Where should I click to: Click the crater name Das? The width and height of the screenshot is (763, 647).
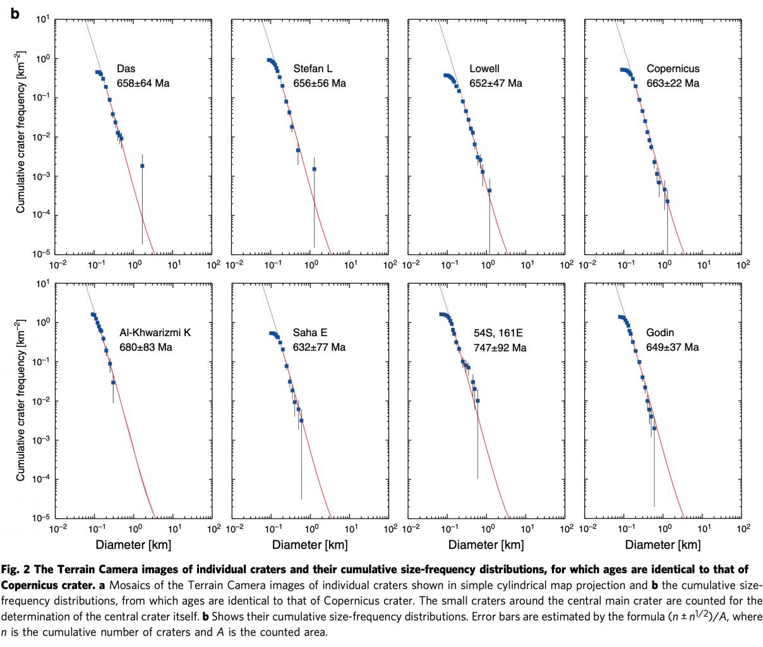coord(126,69)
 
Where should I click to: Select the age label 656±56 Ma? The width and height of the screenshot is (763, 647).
coord(320,83)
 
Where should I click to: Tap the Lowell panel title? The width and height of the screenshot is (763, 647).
coord(484,69)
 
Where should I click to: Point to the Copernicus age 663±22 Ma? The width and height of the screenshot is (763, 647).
coord(673,83)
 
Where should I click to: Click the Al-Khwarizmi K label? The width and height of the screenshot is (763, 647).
coord(155,333)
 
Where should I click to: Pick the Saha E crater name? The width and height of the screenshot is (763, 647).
coord(310,333)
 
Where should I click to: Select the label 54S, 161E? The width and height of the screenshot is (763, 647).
coord(498,333)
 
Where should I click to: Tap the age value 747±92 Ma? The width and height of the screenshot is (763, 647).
coord(500,347)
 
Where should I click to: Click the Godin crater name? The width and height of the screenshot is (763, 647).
coord(660,333)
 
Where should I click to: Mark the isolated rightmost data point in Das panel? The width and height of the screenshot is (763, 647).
coord(142,166)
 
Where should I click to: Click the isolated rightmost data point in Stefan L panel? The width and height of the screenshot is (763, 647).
coord(314,169)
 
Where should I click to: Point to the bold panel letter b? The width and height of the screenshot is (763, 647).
coord(15,13)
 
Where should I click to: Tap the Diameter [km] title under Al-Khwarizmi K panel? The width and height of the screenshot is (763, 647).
coord(133,545)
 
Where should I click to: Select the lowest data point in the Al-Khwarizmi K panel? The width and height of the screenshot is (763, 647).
coord(114,383)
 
